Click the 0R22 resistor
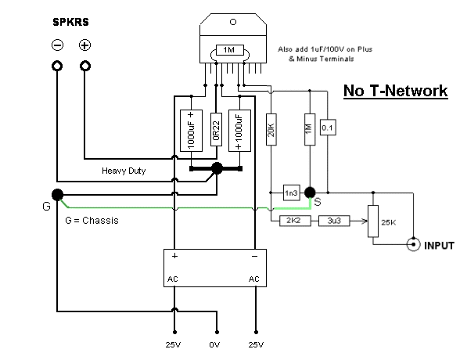(x=216, y=129)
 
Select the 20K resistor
(x=271, y=129)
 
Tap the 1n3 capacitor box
(x=292, y=193)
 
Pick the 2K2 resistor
(x=295, y=221)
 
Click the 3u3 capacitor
(x=334, y=221)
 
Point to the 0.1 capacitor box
(x=328, y=128)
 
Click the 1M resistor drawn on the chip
(x=230, y=50)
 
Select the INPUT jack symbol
(x=414, y=244)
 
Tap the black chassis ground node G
(x=58, y=195)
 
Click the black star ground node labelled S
(x=310, y=193)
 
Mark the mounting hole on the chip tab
(x=233, y=22)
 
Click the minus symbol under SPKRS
(x=58, y=45)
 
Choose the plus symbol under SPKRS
(x=84, y=45)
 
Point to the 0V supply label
(x=214, y=345)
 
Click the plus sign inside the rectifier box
(x=175, y=256)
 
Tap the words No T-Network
(x=396, y=91)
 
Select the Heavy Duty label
(x=124, y=171)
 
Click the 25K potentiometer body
(x=373, y=221)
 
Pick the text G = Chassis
(x=92, y=221)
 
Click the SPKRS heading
(x=70, y=22)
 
